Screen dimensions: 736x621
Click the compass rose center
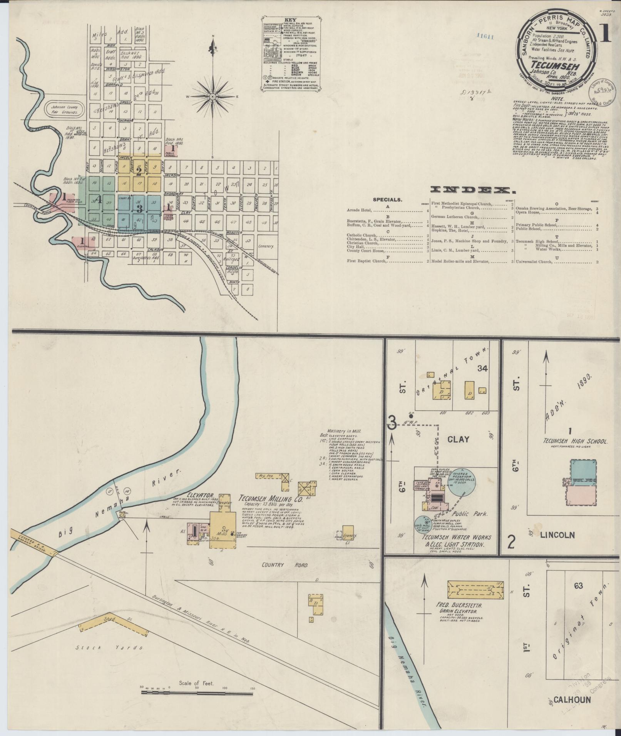point(212,97)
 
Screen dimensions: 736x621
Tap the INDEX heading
point(472,190)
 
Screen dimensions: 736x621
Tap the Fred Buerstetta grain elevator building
point(475,589)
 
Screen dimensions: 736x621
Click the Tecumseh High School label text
point(575,441)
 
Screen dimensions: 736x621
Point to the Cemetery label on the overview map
point(266,246)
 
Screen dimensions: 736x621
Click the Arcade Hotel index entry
point(359,210)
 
